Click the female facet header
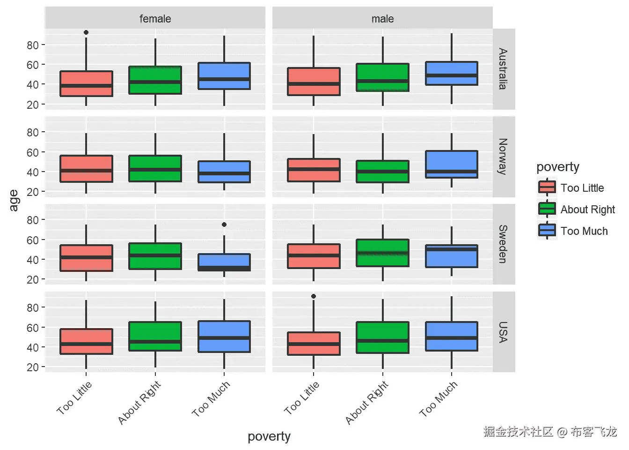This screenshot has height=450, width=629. click(155, 19)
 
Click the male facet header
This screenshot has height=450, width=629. click(382, 19)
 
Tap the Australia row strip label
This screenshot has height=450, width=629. click(503, 69)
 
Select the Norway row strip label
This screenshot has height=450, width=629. click(503, 157)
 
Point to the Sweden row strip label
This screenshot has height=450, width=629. click(503, 244)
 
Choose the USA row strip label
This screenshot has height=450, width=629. click(503, 332)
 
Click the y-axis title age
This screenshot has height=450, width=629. click(14, 201)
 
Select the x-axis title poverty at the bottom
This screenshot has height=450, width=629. click(269, 436)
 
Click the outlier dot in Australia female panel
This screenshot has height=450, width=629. click(86, 32)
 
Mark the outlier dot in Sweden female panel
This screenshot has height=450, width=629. click(224, 225)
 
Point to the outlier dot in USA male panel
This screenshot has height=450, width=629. click(314, 296)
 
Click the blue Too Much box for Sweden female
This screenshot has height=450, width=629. click(224, 262)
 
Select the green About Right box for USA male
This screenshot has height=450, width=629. click(382, 337)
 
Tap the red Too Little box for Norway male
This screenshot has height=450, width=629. click(314, 170)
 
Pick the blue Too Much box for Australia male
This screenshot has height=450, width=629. click(452, 73)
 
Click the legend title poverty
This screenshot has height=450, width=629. click(558, 167)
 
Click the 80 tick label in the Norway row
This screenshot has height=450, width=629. click(32, 132)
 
